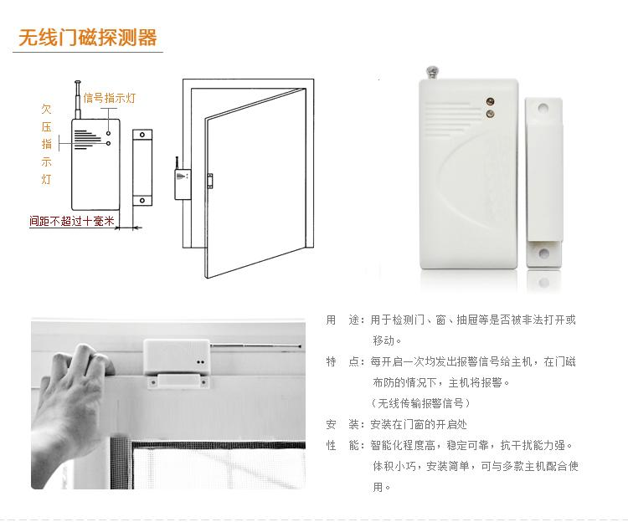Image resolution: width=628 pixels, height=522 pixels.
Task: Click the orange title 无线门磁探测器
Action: (87, 38)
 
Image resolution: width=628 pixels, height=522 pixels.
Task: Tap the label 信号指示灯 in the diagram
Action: (110, 98)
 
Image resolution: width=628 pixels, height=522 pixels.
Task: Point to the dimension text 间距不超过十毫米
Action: (72, 221)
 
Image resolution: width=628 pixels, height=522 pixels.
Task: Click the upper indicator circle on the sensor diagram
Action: (109, 133)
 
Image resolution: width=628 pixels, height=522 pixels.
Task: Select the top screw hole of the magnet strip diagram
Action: (142, 135)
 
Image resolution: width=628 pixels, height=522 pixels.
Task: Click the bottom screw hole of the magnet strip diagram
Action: (142, 200)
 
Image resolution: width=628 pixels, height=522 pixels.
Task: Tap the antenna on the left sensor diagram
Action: (78, 100)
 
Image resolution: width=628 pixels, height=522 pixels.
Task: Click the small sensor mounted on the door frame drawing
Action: (183, 184)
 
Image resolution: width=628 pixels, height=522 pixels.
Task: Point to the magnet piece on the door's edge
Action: (209, 181)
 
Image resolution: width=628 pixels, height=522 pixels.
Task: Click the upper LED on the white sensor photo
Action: (490, 101)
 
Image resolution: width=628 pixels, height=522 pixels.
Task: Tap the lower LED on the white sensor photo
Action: (490, 114)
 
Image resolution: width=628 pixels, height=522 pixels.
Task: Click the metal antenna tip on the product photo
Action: (432, 73)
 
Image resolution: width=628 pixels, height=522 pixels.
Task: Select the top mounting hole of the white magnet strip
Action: (543, 108)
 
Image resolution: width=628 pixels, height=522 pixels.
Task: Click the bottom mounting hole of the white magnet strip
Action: (543, 253)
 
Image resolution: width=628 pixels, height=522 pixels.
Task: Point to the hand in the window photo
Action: (70, 404)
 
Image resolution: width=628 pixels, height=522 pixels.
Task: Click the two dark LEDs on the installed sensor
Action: (201, 362)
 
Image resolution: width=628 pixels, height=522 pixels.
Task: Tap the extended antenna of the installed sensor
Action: (255, 345)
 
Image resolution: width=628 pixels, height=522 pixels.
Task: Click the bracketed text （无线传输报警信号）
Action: (420, 403)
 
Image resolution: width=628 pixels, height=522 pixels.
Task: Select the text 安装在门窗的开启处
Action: (419, 424)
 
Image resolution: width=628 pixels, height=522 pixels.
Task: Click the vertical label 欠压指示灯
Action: (46, 144)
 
